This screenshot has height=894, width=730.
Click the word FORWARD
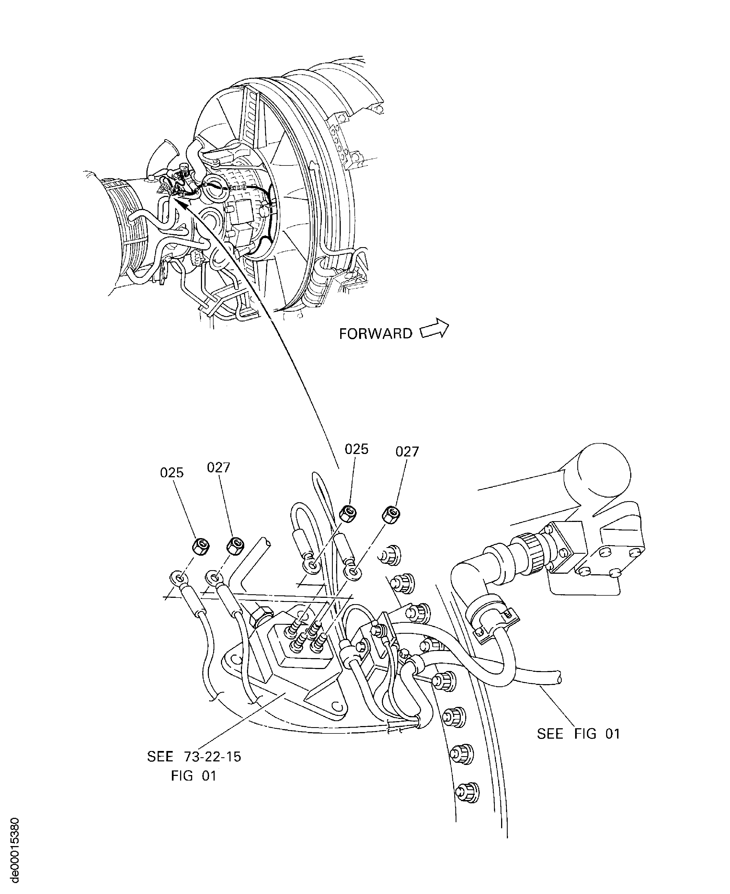pyautogui.click(x=376, y=333)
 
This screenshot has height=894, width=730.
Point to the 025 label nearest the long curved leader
pyautogui.click(x=356, y=449)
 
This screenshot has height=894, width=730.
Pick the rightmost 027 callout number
pyautogui.click(x=407, y=452)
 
